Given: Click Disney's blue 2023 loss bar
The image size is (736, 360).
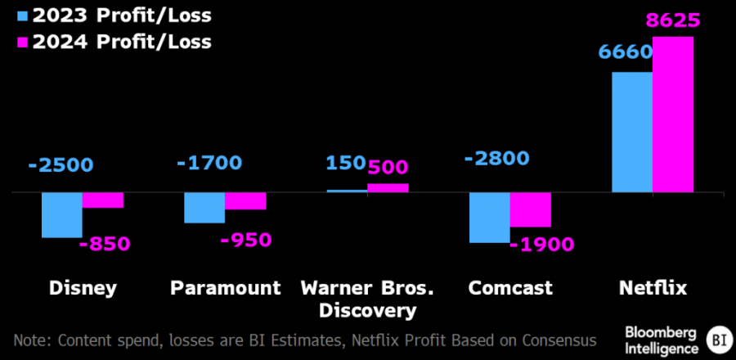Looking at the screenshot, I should pos(62,215).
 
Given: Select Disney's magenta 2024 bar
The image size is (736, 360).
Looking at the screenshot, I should pos(103,200).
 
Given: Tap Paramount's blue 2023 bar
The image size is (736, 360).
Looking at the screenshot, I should pos(204,208).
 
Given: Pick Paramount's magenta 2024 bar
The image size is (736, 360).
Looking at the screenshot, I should pos(245,201).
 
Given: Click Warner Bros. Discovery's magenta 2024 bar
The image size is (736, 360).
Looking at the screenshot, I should pos(388,188).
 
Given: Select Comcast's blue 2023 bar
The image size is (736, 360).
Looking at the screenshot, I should pos(489,218).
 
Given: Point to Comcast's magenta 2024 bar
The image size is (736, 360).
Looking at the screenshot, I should pos(530,210).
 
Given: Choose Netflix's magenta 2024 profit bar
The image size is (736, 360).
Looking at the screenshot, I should pos(673,115).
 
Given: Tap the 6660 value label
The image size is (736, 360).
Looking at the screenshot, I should pos(626,53).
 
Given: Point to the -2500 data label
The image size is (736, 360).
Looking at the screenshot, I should pos(61,164).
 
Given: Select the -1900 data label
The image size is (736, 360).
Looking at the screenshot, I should pos(541,244).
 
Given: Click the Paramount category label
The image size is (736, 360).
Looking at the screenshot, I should pos(226,288).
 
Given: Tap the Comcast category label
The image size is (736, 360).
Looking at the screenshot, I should pos(510,288).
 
